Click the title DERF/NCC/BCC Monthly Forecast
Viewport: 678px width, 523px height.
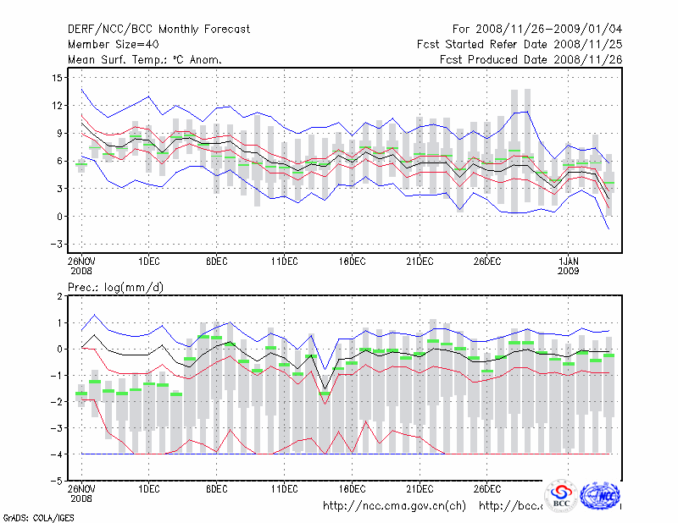(x=158, y=30)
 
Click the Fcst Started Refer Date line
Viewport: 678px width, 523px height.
(x=520, y=45)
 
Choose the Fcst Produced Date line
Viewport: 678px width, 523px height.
(x=531, y=60)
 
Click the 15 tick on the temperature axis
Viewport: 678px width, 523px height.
(x=58, y=78)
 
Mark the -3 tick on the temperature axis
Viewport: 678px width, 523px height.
(x=58, y=244)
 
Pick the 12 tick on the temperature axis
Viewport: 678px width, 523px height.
(x=58, y=106)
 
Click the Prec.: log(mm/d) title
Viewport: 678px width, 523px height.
(x=115, y=288)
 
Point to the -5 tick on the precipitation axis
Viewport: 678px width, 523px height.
(x=58, y=481)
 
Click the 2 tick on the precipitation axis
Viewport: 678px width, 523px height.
(x=60, y=297)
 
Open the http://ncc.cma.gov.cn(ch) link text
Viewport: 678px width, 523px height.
(x=394, y=506)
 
